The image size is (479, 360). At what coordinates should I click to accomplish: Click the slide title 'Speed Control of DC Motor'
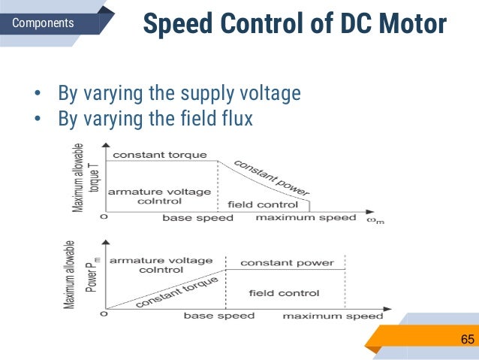[x=294, y=25]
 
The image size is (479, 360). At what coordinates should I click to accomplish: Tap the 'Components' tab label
[x=44, y=23]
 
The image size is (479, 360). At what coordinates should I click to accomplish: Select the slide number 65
[x=467, y=340]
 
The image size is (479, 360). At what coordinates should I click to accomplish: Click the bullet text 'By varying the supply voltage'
[x=179, y=93]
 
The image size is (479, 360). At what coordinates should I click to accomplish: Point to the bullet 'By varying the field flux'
[x=155, y=118]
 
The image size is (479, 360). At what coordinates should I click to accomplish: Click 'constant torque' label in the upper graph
[x=159, y=155]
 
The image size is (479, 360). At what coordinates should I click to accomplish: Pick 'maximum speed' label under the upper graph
[x=306, y=218]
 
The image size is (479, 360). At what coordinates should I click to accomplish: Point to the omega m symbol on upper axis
[x=374, y=219]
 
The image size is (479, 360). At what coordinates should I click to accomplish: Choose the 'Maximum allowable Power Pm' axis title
[x=80, y=276]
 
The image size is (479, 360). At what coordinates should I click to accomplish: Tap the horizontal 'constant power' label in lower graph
[x=287, y=263]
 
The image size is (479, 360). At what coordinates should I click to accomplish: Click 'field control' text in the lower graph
[x=284, y=293]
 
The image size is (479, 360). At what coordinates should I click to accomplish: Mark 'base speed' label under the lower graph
[x=219, y=316]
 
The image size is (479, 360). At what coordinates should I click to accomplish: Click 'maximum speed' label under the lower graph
[x=333, y=316]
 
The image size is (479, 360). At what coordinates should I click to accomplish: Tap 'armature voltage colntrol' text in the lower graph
[x=161, y=265]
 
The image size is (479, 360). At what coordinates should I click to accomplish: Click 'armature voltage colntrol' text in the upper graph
[x=159, y=196]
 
